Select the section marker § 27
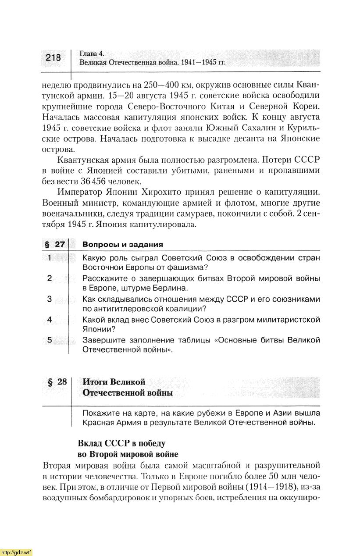coord(54,245)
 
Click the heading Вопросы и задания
coord(123,245)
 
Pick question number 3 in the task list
coord(50,299)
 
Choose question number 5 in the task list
coord(50,340)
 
